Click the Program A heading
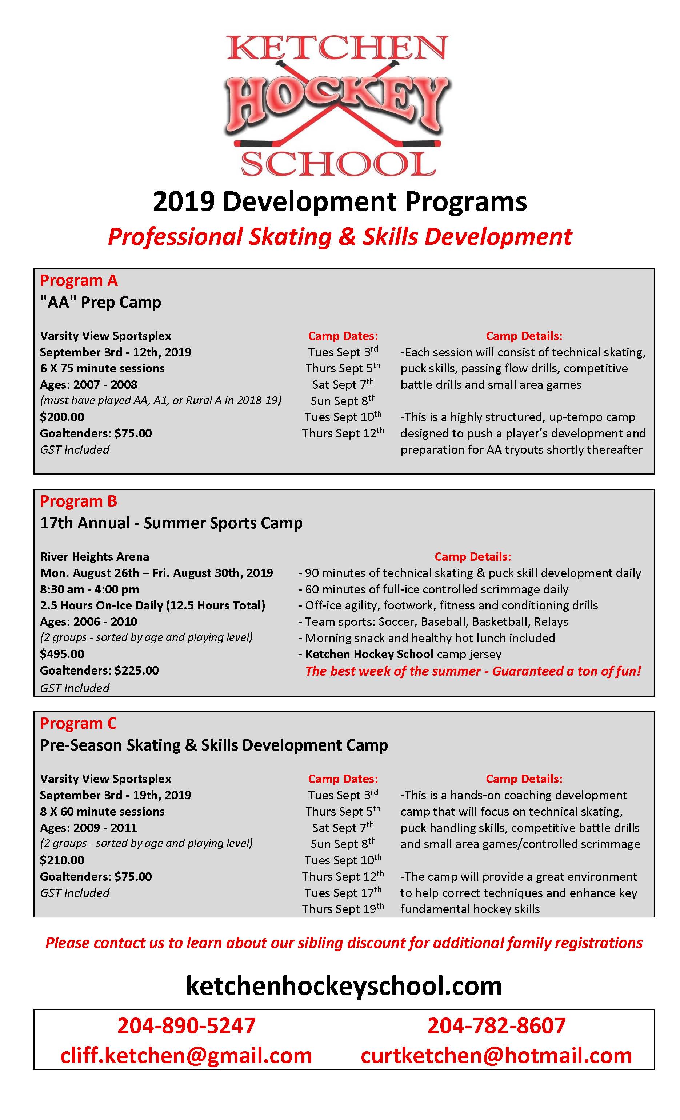[x=79, y=281]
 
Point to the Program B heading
[x=79, y=501]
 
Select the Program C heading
[x=79, y=724]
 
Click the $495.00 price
[x=62, y=654]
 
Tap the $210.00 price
[x=62, y=860]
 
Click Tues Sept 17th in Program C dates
[x=343, y=893]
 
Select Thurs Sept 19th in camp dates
[x=343, y=909]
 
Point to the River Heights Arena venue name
[x=95, y=557]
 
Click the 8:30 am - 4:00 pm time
[x=89, y=589]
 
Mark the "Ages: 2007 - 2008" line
[x=89, y=385]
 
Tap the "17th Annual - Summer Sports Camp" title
[x=171, y=523]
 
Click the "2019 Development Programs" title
[x=340, y=202]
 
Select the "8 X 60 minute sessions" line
[x=102, y=811]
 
